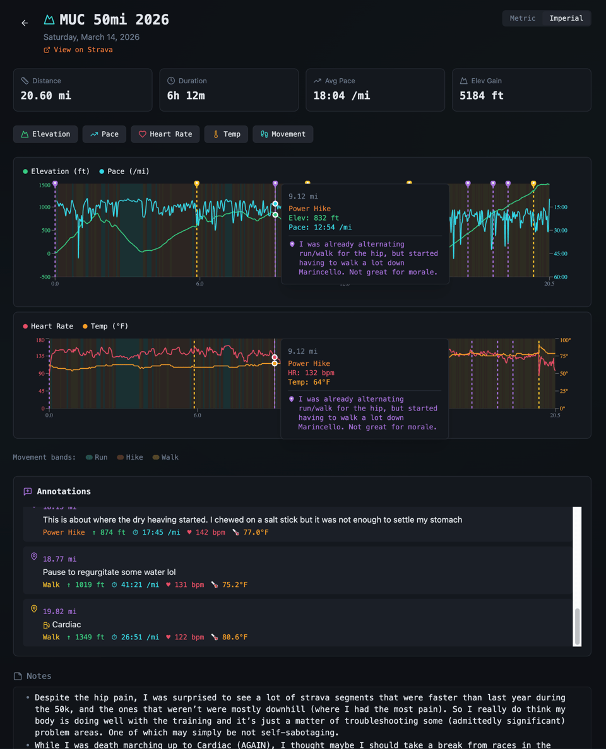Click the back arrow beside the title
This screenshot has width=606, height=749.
pyautogui.click(x=25, y=23)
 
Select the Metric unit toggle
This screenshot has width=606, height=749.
pyautogui.click(x=522, y=18)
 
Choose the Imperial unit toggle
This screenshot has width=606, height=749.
pyautogui.click(x=566, y=18)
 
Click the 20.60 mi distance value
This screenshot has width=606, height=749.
pyautogui.click(x=46, y=96)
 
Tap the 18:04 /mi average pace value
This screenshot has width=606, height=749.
pyautogui.click(x=342, y=96)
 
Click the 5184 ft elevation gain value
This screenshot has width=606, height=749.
pyautogui.click(x=482, y=96)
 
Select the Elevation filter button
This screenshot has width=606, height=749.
pyautogui.click(x=45, y=134)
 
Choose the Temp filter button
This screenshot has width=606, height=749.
pyautogui.click(x=226, y=134)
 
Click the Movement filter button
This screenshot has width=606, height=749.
pyautogui.click(x=283, y=134)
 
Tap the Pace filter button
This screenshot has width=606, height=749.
pyautogui.click(x=104, y=134)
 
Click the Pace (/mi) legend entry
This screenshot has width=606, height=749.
pyautogui.click(x=124, y=171)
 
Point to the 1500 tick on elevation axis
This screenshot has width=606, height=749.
pyautogui.click(x=44, y=185)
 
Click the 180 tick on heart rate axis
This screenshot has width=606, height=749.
pyautogui.click(x=40, y=340)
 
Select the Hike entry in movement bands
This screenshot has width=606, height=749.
pyautogui.click(x=130, y=457)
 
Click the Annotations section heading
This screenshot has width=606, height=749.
pyautogui.click(x=63, y=491)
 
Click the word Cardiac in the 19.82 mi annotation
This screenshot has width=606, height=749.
pyautogui.click(x=66, y=624)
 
